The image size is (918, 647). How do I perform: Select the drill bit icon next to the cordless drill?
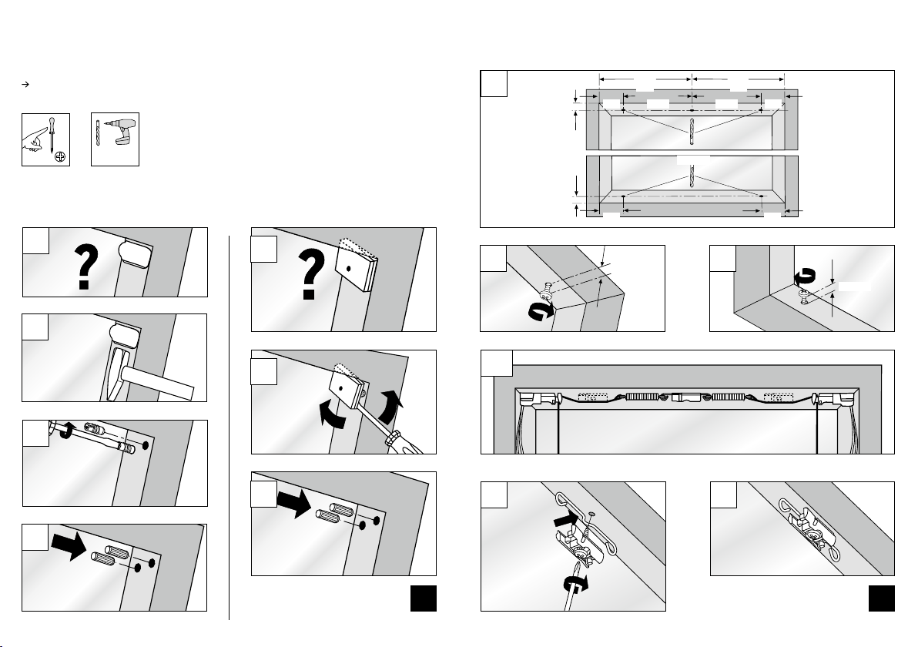(98, 136)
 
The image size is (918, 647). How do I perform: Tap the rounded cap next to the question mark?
(132, 250)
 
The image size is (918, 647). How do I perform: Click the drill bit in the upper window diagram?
(692, 130)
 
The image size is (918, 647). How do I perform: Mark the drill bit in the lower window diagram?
(692, 179)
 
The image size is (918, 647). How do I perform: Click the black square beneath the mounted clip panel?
(881, 598)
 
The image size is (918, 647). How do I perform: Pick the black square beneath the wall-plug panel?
(424, 598)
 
